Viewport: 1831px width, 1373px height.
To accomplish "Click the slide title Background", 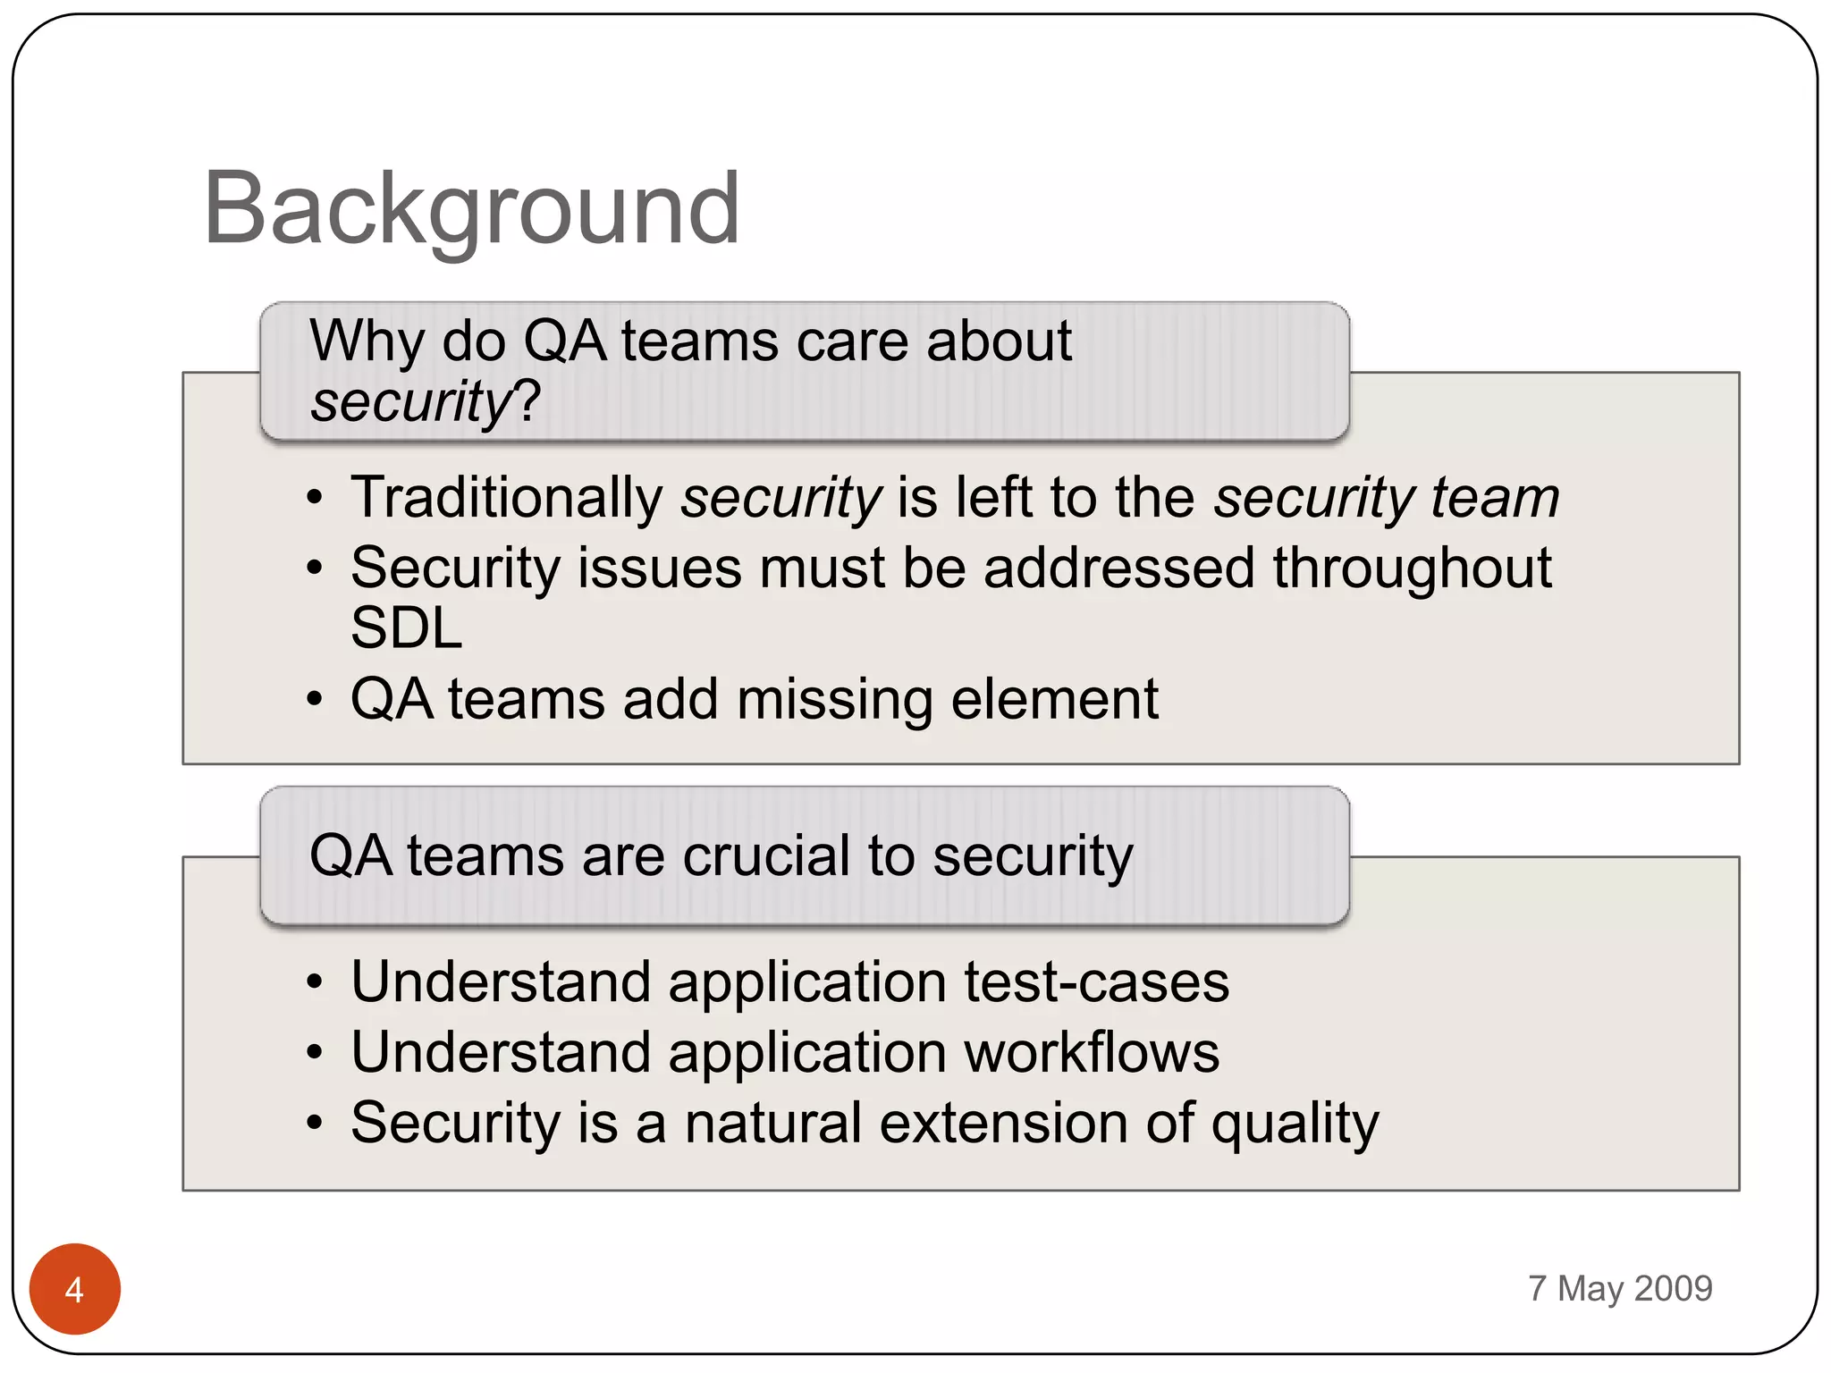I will click(x=471, y=209).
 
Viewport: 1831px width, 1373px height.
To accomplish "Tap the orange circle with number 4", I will click(x=75, y=1288).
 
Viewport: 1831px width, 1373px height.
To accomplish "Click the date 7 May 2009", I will click(x=1619, y=1288).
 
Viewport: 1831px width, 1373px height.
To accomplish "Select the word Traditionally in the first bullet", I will click(x=506, y=497).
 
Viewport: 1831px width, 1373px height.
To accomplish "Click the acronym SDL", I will click(x=406, y=628).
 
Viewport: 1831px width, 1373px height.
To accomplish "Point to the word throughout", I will click(x=1412, y=569).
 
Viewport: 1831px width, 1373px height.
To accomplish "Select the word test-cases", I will click(x=1096, y=981).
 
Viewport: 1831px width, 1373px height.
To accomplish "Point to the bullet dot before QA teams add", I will click(x=314, y=699).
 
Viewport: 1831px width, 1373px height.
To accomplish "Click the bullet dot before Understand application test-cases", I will click(x=314, y=982).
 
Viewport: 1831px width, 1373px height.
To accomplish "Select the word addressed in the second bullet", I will click(x=1118, y=569).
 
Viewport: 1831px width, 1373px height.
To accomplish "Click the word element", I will click(x=1054, y=699).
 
